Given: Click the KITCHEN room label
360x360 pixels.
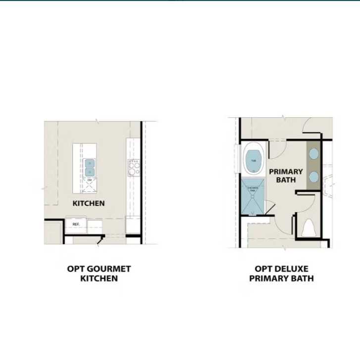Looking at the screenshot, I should (x=89, y=203).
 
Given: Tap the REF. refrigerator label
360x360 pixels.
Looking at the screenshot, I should (x=76, y=225).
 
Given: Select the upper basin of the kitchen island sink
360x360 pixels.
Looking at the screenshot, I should (x=89, y=163).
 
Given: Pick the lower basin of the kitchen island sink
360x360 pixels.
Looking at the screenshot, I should (x=89, y=172).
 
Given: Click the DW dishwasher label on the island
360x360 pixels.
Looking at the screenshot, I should (x=90, y=180).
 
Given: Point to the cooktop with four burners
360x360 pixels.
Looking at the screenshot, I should (x=134, y=168).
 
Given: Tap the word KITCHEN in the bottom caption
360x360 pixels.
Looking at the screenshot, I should (x=99, y=278).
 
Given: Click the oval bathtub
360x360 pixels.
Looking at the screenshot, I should (x=254, y=160).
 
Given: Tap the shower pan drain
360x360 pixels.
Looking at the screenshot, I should (x=253, y=213).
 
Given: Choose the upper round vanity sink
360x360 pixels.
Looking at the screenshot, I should (x=313, y=154).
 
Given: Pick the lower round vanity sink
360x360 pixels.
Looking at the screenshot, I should (x=313, y=176).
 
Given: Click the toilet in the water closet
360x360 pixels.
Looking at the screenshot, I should (x=309, y=228).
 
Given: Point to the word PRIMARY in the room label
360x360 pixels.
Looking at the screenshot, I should (x=286, y=172).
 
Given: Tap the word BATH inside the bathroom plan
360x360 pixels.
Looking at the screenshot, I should (x=286, y=180).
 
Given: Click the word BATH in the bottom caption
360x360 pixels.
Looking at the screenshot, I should (x=303, y=278).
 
